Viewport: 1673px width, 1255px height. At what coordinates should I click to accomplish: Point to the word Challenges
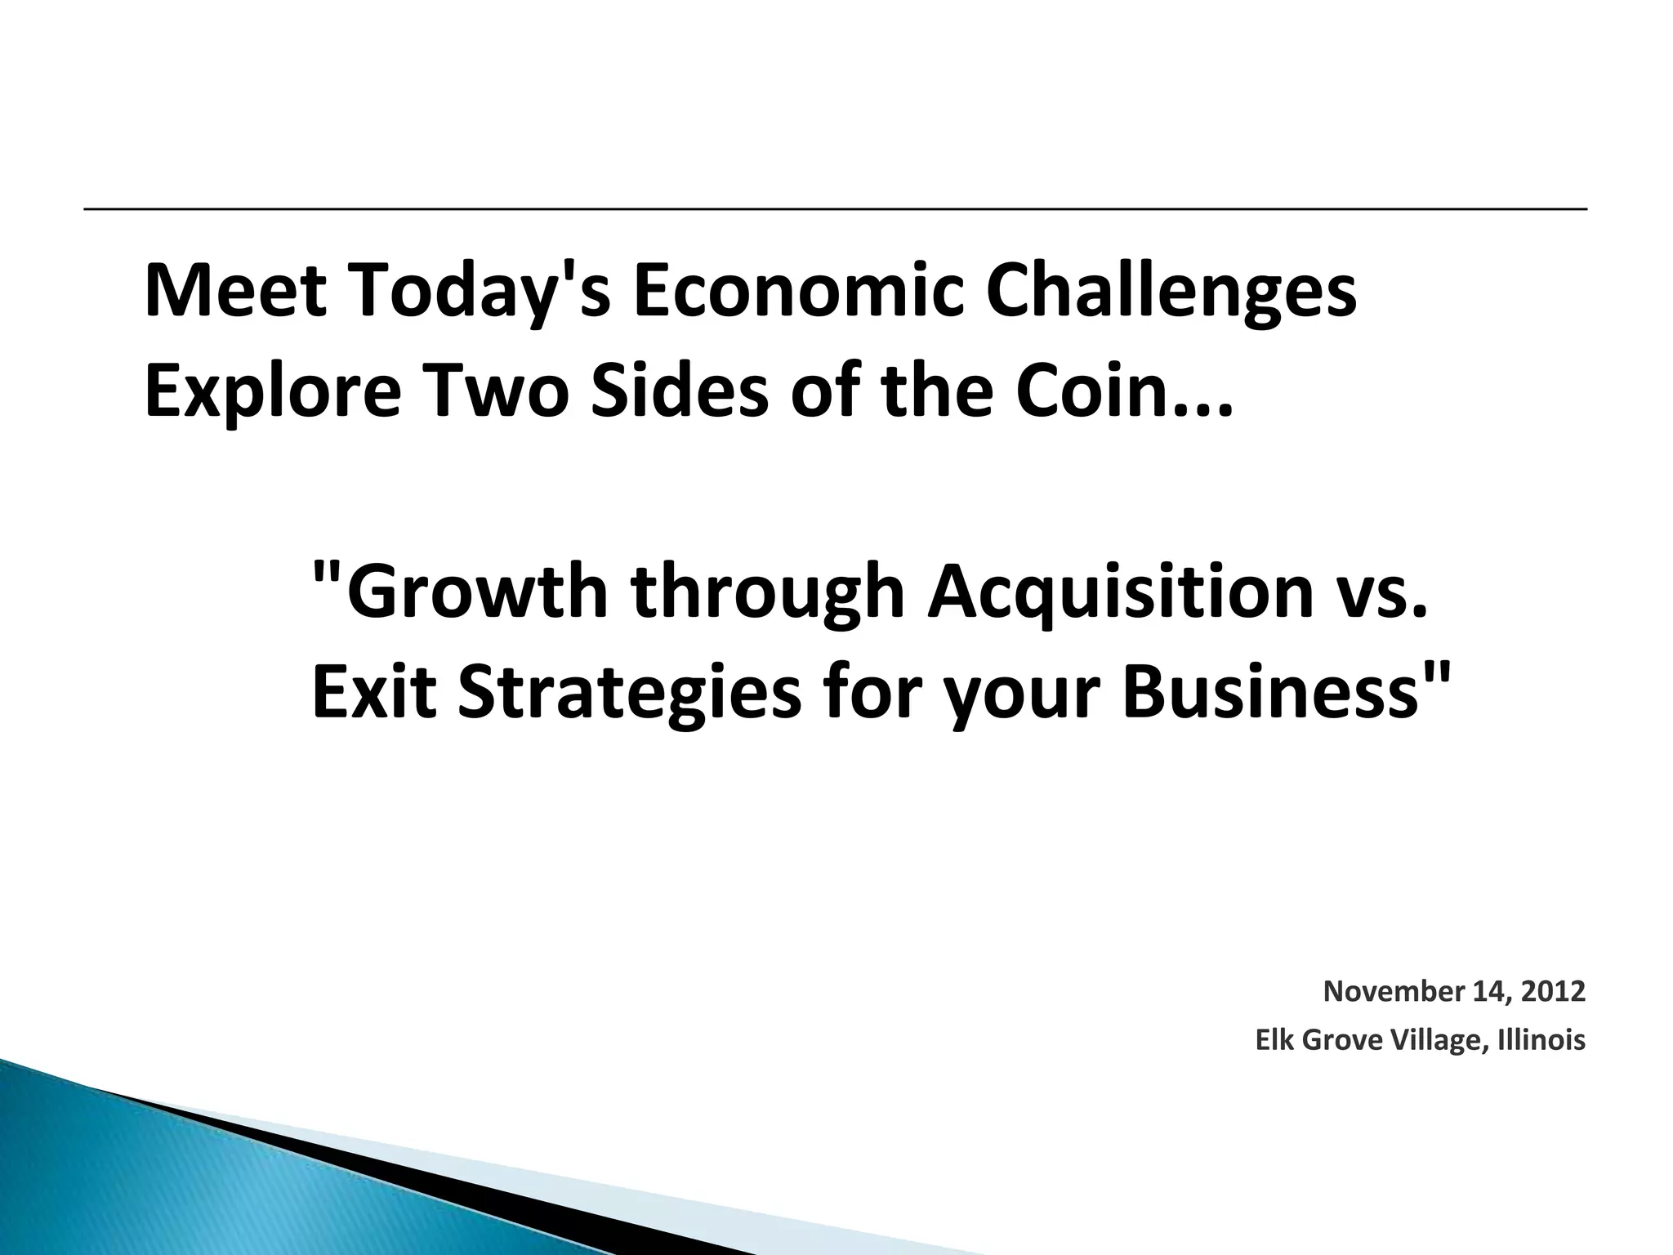click(1171, 293)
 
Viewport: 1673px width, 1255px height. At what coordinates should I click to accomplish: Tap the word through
click(767, 592)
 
